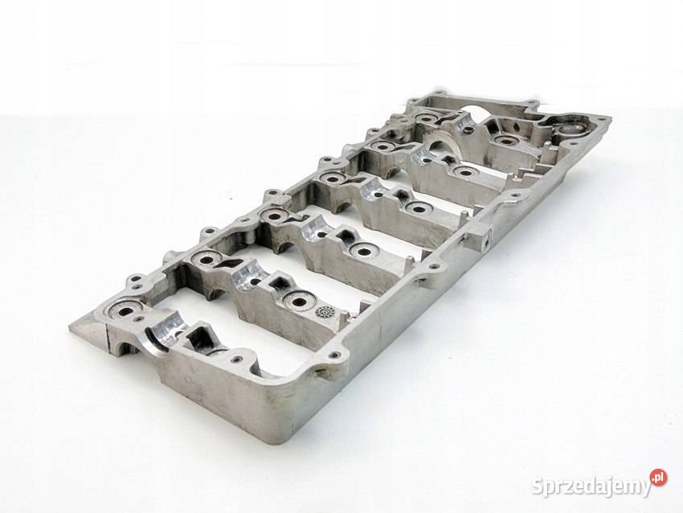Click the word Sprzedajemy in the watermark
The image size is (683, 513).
(x=591, y=486)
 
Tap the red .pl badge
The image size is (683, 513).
(x=658, y=477)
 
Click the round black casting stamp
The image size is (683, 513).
(x=324, y=312)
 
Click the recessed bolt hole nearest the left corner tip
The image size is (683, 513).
(x=123, y=311)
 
